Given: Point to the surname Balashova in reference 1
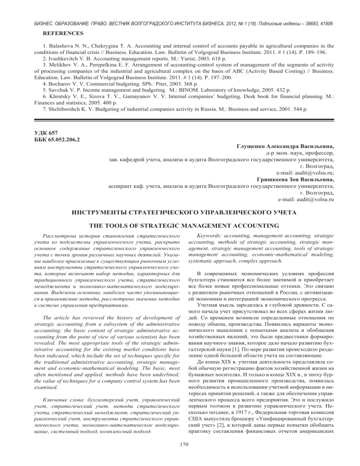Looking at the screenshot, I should tap(59, 46).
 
